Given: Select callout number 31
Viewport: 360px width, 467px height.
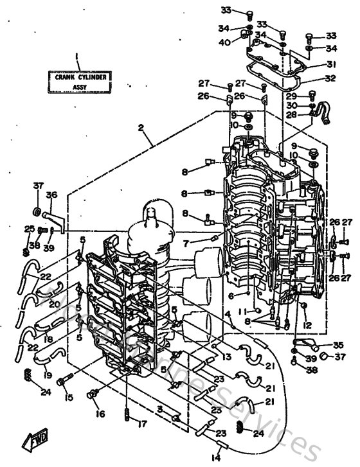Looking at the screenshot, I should tap(331, 64).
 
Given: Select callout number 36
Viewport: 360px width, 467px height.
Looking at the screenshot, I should tap(51, 195).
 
